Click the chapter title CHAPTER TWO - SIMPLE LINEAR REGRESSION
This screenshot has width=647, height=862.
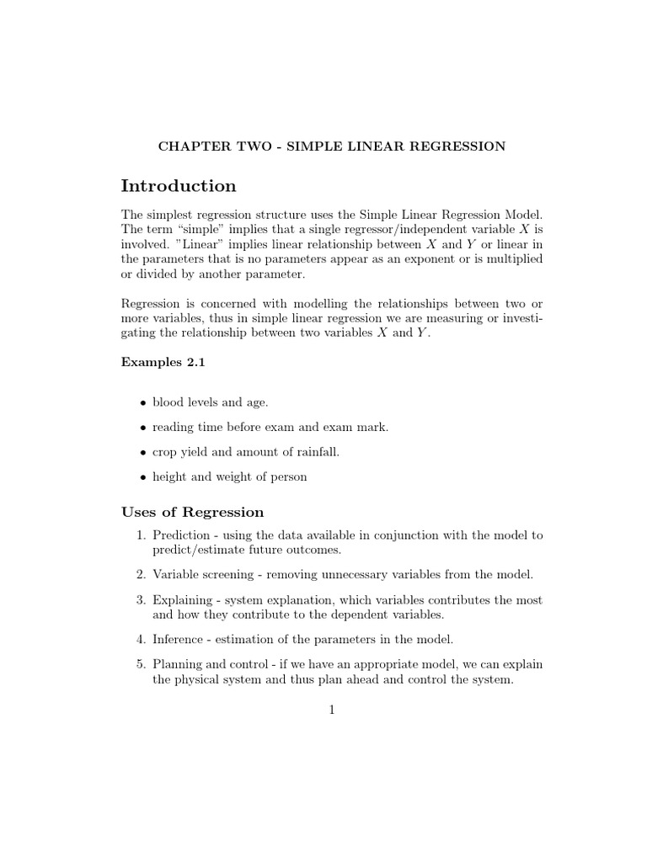click(x=332, y=146)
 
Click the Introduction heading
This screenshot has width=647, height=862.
click(x=179, y=186)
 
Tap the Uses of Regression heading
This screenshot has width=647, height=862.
click(x=192, y=512)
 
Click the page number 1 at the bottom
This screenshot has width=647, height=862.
click(x=332, y=710)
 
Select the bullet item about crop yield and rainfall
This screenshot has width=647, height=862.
click(x=246, y=452)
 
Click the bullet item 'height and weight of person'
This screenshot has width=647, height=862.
click(x=230, y=476)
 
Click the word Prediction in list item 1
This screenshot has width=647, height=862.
click(x=181, y=535)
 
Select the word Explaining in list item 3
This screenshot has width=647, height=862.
click(x=183, y=600)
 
